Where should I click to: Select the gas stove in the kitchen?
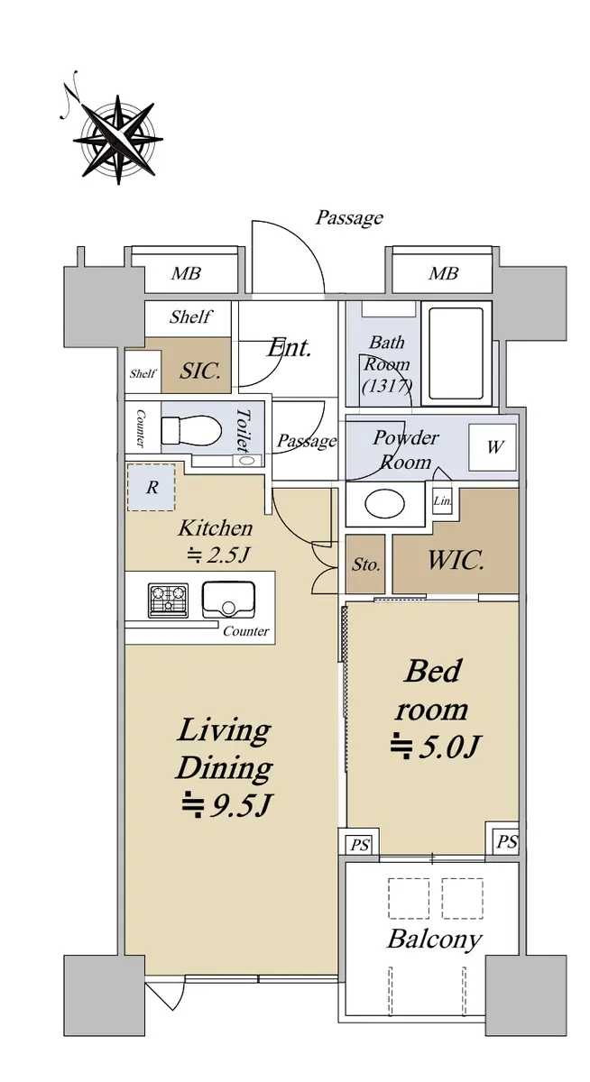(x=168, y=600)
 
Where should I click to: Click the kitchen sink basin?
(x=228, y=600)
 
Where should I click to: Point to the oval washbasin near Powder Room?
(x=384, y=505)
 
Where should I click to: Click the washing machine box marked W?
(x=493, y=447)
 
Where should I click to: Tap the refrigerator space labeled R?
(x=152, y=487)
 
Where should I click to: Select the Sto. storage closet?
(x=365, y=564)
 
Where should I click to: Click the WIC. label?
(x=456, y=561)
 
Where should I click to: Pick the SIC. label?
(x=200, y=371)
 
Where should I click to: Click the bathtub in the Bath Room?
(x=456, y=353)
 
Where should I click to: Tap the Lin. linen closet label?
(x=442, y=501)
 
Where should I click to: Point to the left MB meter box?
(x=186, y=273)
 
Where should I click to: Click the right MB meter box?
(x=443, y=273)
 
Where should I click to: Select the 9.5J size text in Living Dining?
(x=226, y=804)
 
